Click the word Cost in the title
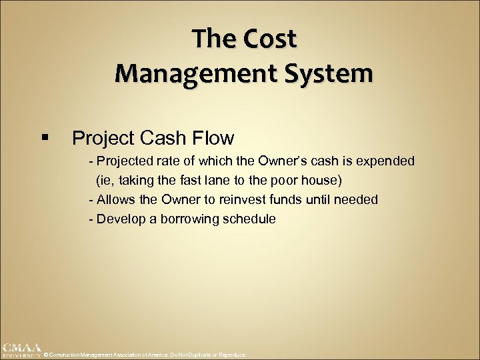(270, 39)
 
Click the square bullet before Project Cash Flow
(45, 138)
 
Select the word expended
(386, 161)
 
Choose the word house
(323, 181)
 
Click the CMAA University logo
(21, 350)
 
